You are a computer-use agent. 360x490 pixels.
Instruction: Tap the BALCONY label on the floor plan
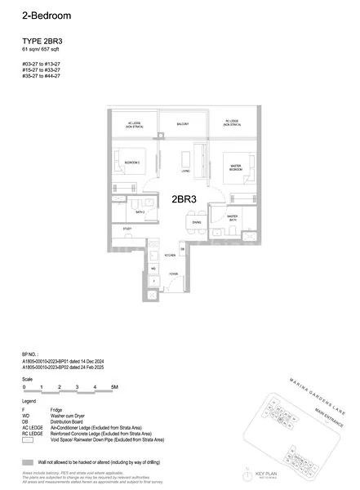point(184,124)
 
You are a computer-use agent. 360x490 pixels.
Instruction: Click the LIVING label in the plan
point(186,171)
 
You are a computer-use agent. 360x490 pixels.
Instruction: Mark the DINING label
point(197,222)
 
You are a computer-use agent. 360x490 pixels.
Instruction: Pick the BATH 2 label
point(140,212)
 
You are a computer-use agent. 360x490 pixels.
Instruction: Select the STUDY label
point(127,229)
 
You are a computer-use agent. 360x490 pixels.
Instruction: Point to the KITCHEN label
point(172,256)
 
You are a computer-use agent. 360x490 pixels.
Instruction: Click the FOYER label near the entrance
point(173,274)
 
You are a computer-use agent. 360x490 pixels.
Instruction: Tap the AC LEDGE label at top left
point(131,124)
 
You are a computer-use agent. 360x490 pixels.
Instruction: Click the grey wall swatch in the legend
point(29,461)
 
